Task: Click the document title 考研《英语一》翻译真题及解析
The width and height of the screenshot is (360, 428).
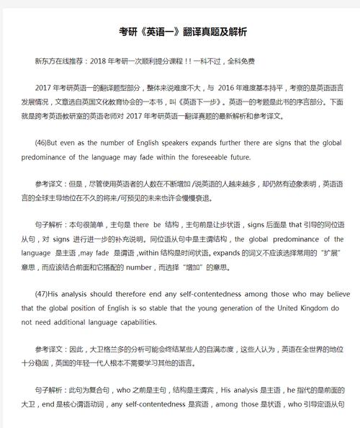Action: (182, 32)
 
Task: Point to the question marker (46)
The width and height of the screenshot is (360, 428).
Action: (42, 143)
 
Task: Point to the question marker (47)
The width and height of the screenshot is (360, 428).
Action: (42, 294)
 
